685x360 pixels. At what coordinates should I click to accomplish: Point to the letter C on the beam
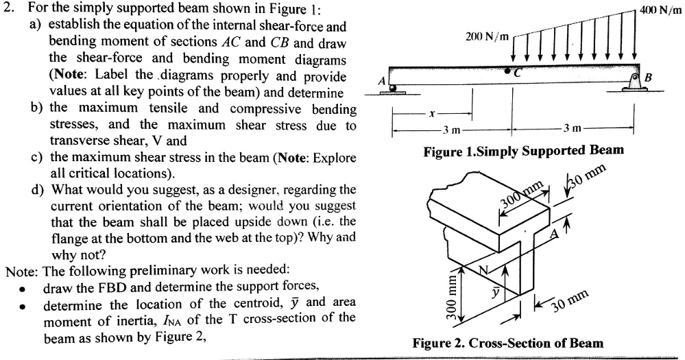[520, 75]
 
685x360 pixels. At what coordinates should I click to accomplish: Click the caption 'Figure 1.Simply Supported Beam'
[524, 150]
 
